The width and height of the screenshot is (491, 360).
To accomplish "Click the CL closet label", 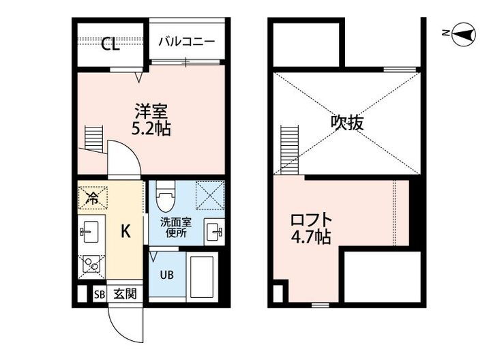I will click(x=110, y=44).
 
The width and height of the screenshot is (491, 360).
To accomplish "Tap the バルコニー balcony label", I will click(x=185, y=42).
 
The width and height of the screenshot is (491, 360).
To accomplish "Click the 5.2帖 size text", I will click(x=151, y=127).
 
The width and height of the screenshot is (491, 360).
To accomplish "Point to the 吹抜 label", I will click(x=346, y=123).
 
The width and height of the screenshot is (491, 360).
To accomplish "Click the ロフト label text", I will click(x=311, y=221).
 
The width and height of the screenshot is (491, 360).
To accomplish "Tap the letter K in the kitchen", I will click(x=126, y=232).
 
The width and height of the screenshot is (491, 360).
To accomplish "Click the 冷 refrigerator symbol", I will click(x=91, y=199).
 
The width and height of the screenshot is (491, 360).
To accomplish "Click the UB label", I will click(x=166, y=275).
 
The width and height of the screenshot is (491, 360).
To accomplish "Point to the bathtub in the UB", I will click(x=202, y=276).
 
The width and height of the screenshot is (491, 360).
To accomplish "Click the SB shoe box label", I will click(x=100, y=295).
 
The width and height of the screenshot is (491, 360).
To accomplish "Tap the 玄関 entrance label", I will click(x=124, y=295).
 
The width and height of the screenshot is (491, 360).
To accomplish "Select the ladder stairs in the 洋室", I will click(x=93, y=138).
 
